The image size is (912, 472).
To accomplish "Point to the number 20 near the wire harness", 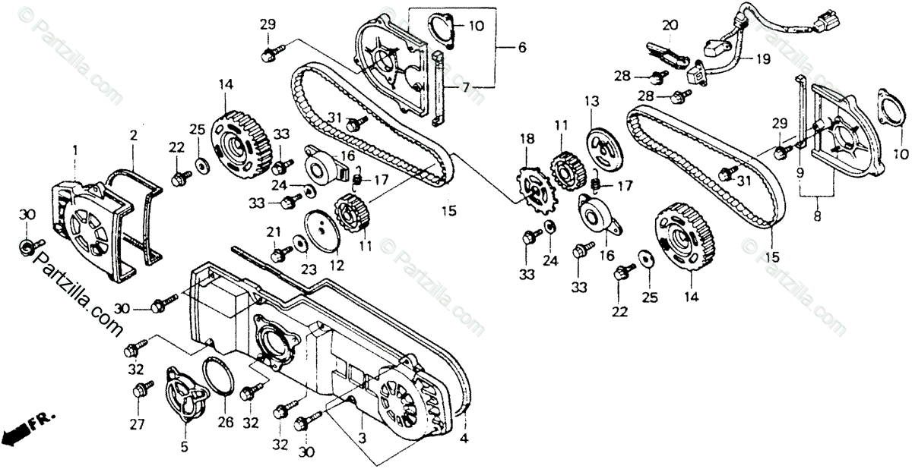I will click(670, 26).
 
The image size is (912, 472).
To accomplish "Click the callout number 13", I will click(591, 100).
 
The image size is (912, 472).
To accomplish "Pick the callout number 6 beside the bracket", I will click(521, 47).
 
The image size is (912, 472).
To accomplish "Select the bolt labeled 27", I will click(139, 392).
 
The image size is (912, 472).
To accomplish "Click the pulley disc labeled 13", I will click(606, 147).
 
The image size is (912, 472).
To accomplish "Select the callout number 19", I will click(762, 58).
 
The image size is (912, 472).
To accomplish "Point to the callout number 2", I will click(133, 136).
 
